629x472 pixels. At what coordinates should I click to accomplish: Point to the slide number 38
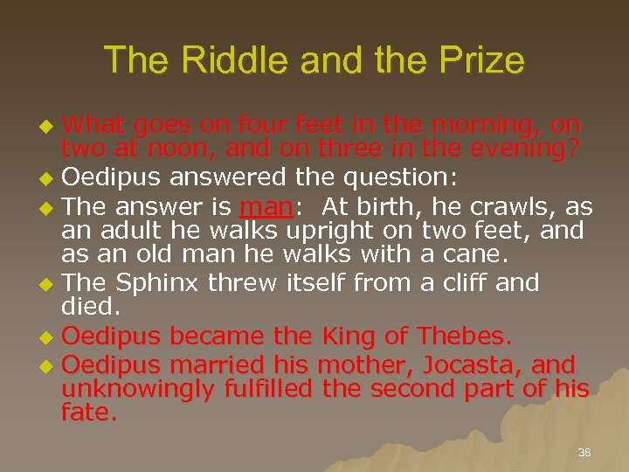(584, 453)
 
